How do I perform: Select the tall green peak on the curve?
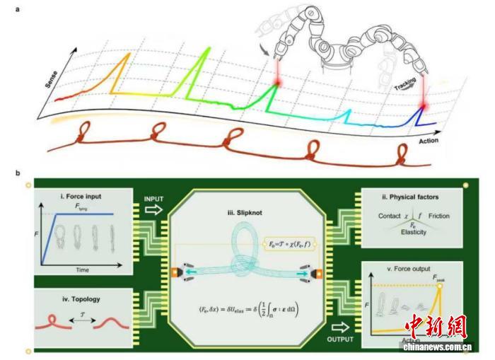pyautogui.click(x=206, y=47)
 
